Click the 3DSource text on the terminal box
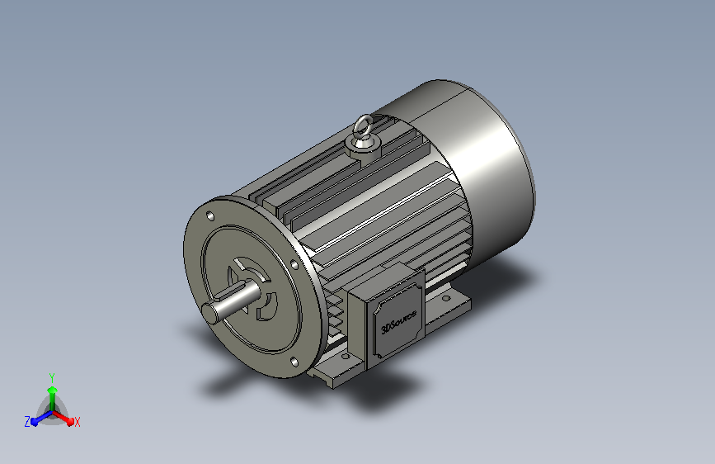click(398, 321)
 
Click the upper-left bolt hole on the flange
click(210, 216)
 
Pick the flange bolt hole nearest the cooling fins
click(294, 264)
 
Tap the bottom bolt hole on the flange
click(294, 362)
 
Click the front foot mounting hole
click(346, 356)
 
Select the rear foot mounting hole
click(446, 299)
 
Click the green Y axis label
click(52, 377)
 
